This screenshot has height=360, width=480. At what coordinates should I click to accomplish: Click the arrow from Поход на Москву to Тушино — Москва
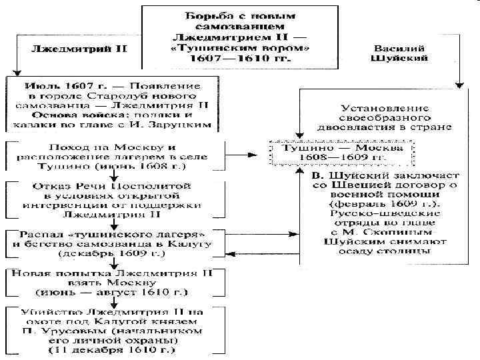tap(243, 155)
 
